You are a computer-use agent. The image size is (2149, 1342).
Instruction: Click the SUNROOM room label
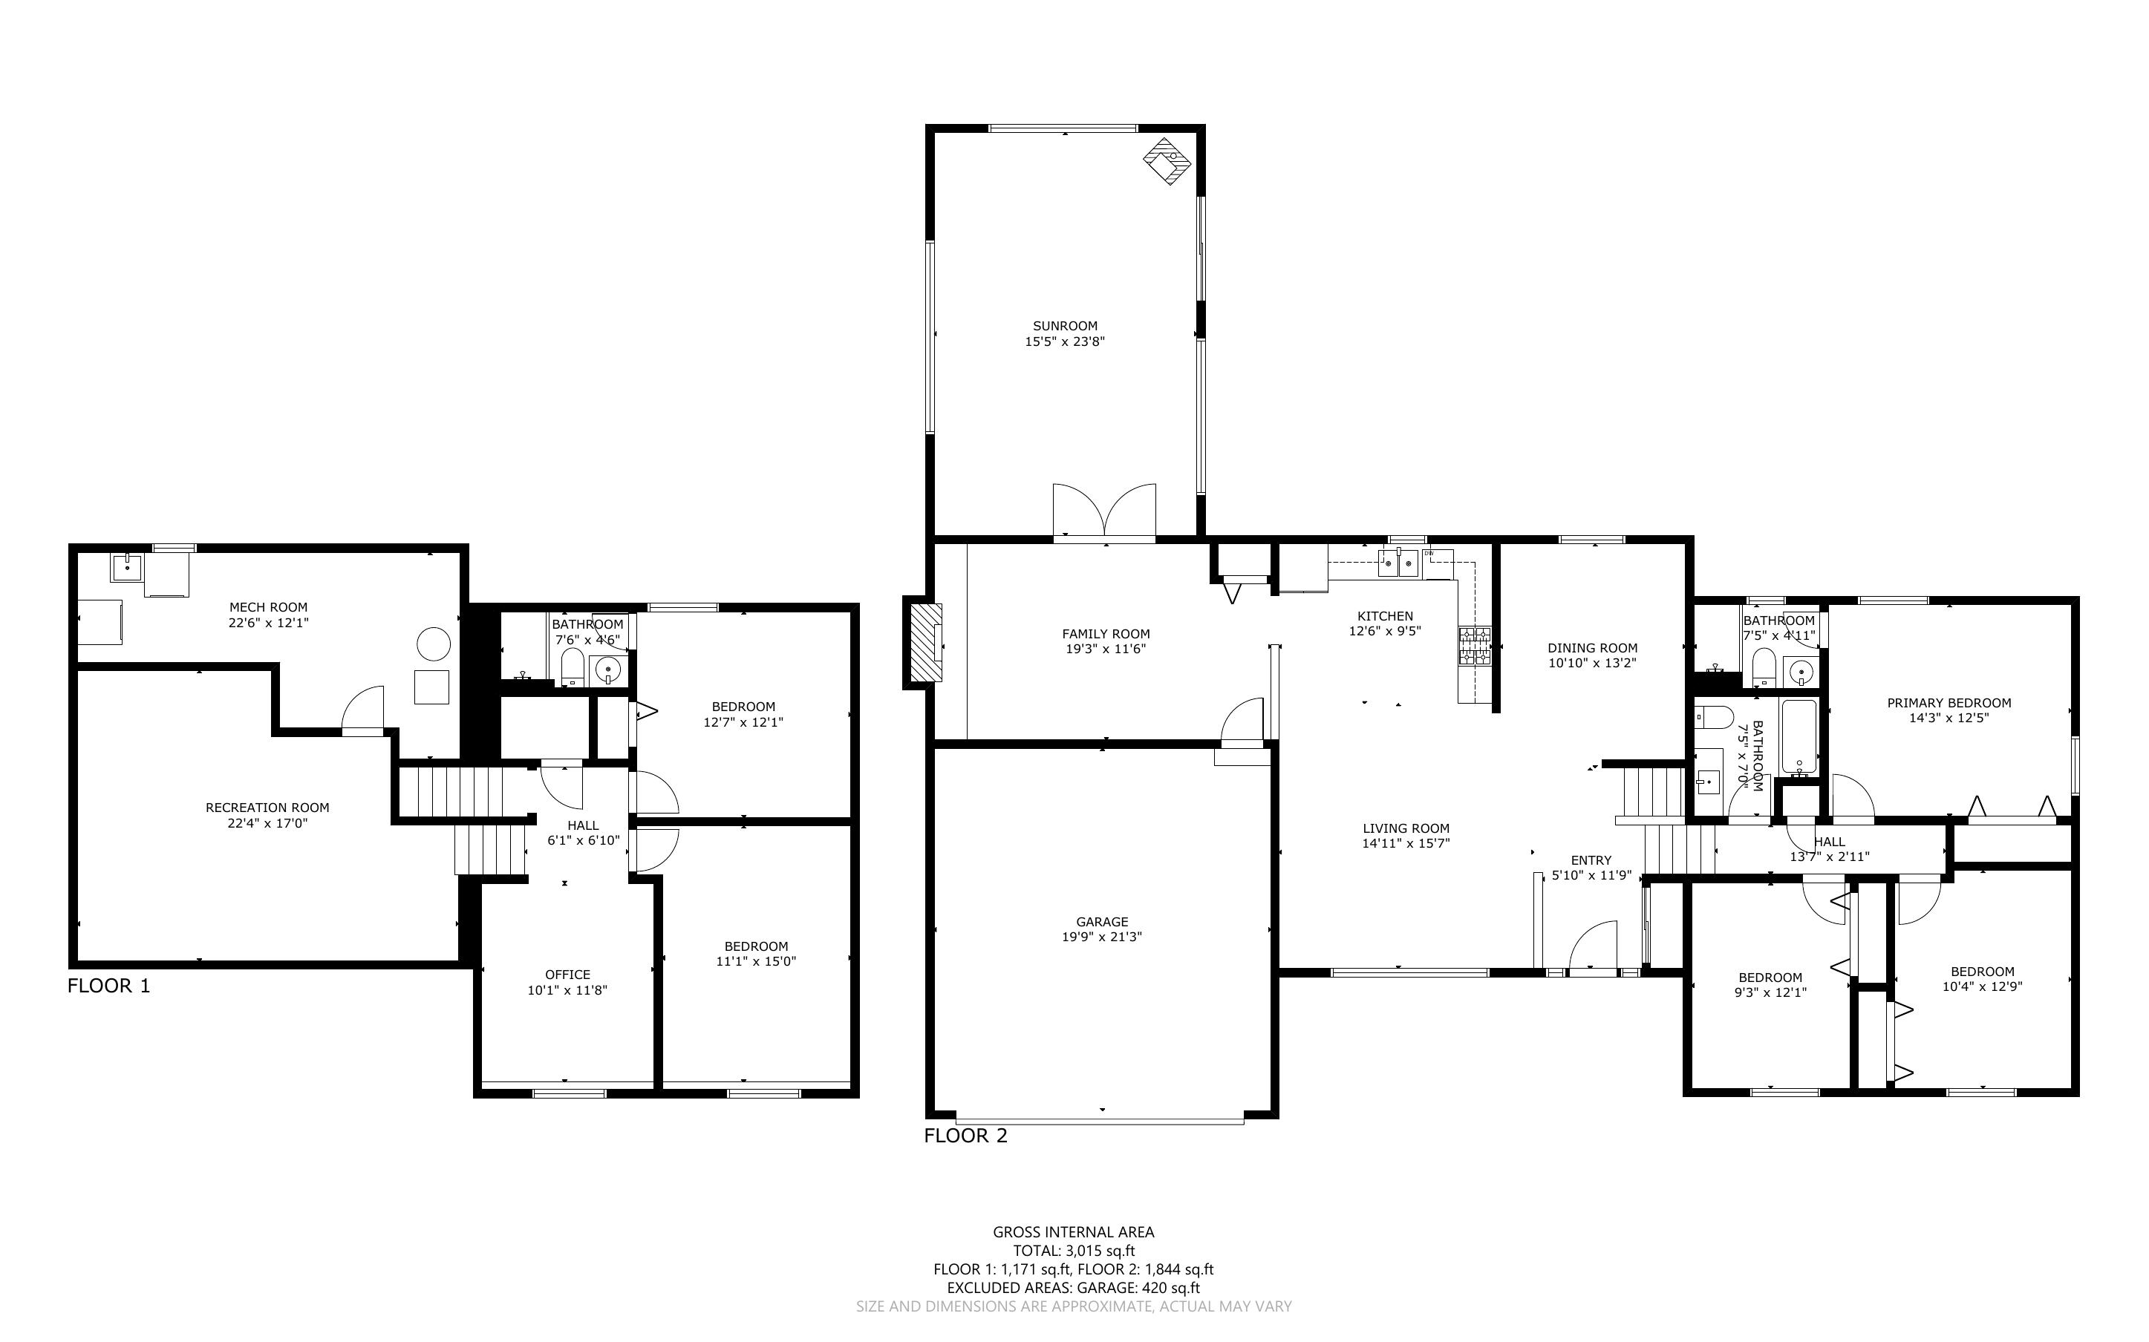tap(1064, 326)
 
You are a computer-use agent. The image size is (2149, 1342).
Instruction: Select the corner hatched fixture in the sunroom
tap(1167, 160)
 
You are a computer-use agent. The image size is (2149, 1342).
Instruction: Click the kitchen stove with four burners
tap(1475, 647)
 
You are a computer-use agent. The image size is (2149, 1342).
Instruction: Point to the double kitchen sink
tap(1398, 563)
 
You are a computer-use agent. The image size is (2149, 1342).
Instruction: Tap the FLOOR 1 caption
tap(109, 985)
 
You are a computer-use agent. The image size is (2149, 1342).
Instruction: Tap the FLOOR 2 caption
tap(966, 1135)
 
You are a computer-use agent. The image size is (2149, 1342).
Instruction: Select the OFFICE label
tap(567, 975)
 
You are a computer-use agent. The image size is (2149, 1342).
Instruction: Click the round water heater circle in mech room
tap(434, 644)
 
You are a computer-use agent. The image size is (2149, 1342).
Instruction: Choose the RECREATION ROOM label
tap(267, 808)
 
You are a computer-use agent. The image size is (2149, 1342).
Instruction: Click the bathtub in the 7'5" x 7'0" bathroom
tap(1800, 736)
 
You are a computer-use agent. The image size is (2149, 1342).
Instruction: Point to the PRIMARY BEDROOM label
tap(1949, 703)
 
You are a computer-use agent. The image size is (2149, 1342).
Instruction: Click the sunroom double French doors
tap(1104, 513)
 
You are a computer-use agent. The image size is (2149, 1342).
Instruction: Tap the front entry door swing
tap(1594, 949)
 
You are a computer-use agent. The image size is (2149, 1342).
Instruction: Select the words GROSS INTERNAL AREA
tap(1073, 1232)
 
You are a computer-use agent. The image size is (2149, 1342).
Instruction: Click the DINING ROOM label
tap(1593, 648)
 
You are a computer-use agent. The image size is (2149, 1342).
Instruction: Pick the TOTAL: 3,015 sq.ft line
tap(1074, 1251)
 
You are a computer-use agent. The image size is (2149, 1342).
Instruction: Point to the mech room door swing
tap(364, 710)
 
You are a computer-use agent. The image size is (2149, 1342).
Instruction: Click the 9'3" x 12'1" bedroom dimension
tap(1770, 993)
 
